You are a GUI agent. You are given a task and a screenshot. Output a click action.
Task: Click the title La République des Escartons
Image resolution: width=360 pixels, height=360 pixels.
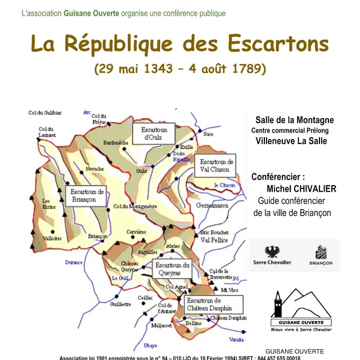[179, 44]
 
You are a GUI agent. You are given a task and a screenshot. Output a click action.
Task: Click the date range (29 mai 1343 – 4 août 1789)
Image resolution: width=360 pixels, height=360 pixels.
[179, 69]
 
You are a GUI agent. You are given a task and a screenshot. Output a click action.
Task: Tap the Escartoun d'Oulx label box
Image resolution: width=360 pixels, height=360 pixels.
[150, 134]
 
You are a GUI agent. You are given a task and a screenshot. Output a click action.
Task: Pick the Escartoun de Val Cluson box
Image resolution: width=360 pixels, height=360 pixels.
[216, 165]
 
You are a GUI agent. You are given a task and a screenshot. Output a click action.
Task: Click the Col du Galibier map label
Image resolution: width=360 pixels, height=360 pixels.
[45, 113]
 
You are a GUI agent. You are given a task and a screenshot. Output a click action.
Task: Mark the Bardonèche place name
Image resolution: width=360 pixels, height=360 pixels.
[116, 143]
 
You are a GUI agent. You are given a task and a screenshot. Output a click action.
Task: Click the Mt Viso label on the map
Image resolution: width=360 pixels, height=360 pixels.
[228, 290]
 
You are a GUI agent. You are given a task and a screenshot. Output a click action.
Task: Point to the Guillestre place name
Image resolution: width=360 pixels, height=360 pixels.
[120, 304]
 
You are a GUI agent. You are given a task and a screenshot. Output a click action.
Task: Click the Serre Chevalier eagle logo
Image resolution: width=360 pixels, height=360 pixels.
[272, 255]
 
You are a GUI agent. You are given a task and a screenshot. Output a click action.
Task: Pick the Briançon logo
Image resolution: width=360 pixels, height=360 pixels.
[321, 255]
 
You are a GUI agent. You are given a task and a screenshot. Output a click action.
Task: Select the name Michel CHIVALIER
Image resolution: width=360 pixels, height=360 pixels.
[301, 188]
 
